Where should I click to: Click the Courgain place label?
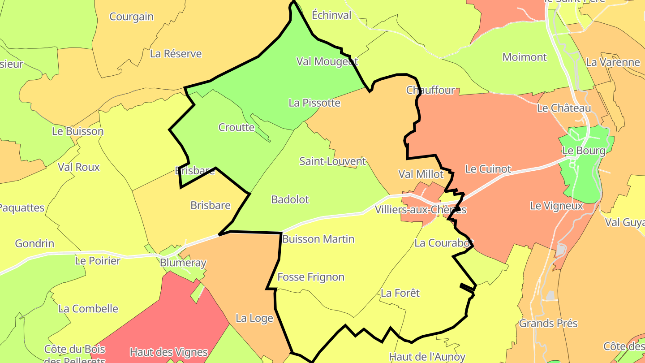pos(132,17)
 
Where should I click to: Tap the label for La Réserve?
pos(176,54)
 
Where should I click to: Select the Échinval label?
pos(331,15)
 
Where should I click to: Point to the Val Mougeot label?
pos(327,61)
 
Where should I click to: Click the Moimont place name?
pos(525,57)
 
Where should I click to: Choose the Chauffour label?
pos(430,90)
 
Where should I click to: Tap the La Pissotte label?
pos(314,103)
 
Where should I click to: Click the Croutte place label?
pos(236,128)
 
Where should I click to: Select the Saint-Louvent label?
pos(333,161)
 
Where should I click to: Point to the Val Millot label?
pos(421,174)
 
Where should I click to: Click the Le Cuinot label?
pos(488,169)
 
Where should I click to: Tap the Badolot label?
pos(290,200)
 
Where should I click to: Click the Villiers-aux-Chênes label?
pos(421,210)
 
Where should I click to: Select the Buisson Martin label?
pos(318,239)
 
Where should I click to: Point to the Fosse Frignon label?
pos(311,277)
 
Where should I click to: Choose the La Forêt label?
pos(400,293)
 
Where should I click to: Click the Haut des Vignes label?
pos(169,353)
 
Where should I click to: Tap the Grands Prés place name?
pos(548,324)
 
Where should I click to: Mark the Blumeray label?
pos(183,263)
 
